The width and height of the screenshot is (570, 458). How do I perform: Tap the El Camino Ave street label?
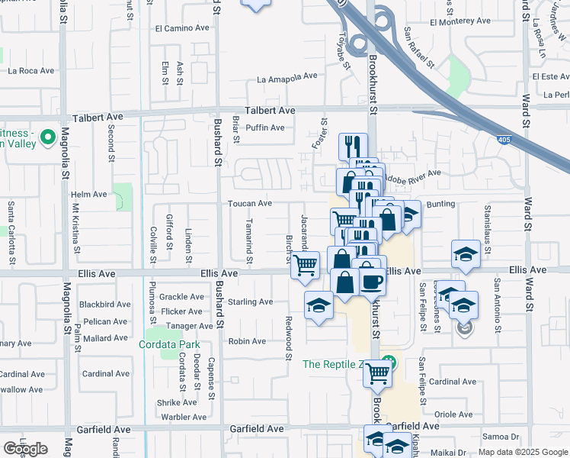coord(182,28)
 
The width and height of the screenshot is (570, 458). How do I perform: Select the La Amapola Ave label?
coord(287,77)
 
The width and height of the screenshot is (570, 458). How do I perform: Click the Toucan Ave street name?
coord(249,203)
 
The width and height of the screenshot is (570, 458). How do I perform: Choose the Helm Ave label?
coord(89,195)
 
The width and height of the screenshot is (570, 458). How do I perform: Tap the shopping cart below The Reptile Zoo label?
coord(377,373)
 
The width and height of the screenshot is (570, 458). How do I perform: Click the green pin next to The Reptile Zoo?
coord(389,361)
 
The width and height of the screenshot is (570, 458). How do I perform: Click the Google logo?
coord(25,448)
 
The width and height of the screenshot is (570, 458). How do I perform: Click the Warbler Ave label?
coord(183,417)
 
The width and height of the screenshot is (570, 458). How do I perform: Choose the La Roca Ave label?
coord(31,70)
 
